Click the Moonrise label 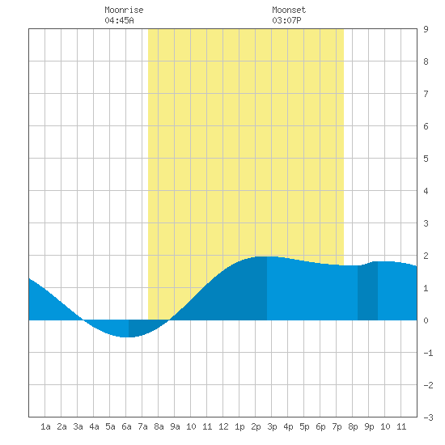click(x=124, y=10)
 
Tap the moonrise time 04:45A click(x=119, y=20)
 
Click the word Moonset click(x=289, y=10)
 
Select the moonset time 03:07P click(x=286, y=20)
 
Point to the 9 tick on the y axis click(x=426, y=29)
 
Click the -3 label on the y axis click(x=428, y=417)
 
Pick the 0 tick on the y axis click(x=426, y=320)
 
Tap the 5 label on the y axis click(x=426, y=159)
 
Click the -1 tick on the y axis click(x=428, y=353)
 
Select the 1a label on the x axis click(x=45, y=426)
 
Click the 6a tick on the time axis click(x=126, y=426)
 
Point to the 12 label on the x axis click(x=223, y=426)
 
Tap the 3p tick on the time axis click(x=272, y=426)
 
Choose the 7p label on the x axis click(x=337, y=426)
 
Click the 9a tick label click(x=175, y=426)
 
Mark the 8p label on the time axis click(x=353, y=426)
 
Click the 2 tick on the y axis click(x=426, y=256)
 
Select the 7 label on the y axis click(x=426, y=94)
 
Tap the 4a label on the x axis click(x=94, y=426)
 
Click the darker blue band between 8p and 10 click(x=367, y=292)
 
